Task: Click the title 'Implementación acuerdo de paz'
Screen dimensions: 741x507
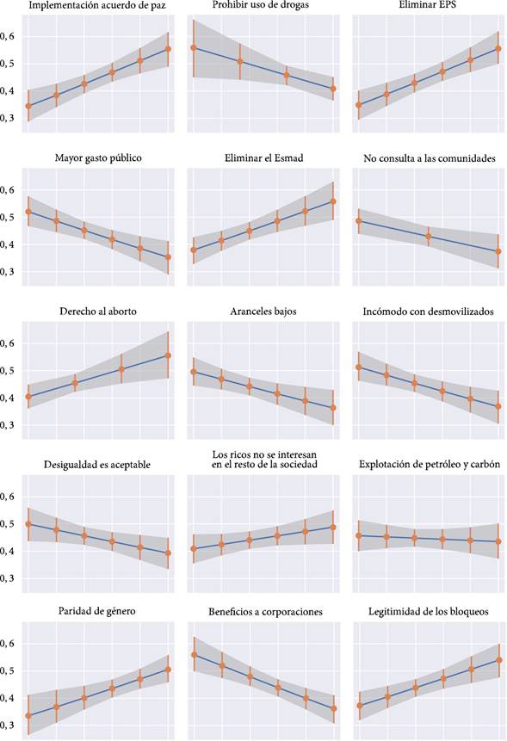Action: [x=97, y=7]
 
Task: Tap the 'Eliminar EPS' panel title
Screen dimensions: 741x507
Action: [x=428, y=7]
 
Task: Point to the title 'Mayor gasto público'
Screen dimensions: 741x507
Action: [x=97, y=158]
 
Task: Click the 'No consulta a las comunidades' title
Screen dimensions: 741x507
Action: [x=428, y=158]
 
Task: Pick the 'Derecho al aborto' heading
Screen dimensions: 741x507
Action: [x=97, y=311]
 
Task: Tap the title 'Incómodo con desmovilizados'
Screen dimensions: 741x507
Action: [x=428, y=311]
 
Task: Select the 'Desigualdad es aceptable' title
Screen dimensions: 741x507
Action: [x=97, y=465]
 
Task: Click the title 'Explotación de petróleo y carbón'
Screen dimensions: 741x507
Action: [x=428, y=465]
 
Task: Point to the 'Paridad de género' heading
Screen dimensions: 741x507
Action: [x=97, y=612]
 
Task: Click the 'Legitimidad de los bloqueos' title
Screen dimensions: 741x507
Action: [x=428, y=612]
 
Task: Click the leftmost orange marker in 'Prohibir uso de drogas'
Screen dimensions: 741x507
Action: [x=194, y=47]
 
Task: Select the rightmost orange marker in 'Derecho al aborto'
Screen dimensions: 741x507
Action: [x=168, y=355]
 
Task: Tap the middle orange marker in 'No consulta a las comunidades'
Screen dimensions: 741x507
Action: [x=428, y=236]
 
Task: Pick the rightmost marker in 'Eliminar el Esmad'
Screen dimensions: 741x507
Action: [x=333, y=201]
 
